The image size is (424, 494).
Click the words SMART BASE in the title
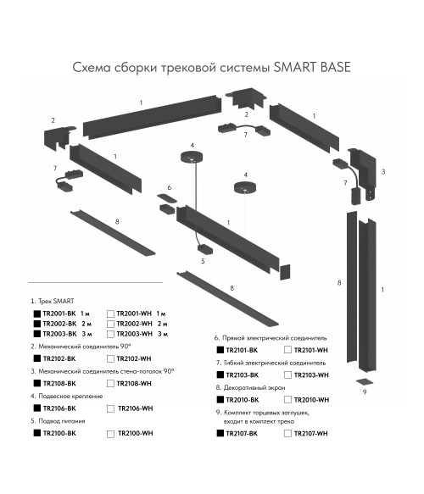pyautogui.click(x=312, y=67)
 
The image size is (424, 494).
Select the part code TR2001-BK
pyautogui.click(x=59, y=314)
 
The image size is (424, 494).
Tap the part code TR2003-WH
pyautogui.click(x=134, y=334)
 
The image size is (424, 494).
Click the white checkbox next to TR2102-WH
pyautogui.click(x=110, y=358)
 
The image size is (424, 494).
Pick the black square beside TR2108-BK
pyautogui.click(x=37, y=383)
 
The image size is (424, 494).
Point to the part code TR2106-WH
pyautogui.click(x=135, y=408)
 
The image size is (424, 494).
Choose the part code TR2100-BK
pyautogui.click(x=59, y=433)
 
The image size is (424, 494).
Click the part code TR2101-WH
pyautogui.click(x=311, y=350)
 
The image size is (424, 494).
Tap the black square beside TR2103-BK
pyautogui.click(x=220, y=375)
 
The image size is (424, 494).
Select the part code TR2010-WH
pyautogui.click(x=311, y=400)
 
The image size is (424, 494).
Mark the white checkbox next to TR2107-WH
pyautogui.click(x=287, y=434)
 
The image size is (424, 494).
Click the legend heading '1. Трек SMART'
pyautogui.click(x=53, y=301)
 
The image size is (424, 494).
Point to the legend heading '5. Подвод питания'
pyautogui.click(x=58, y=421)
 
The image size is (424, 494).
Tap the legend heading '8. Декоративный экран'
pyautogui.click(x=251, y=387)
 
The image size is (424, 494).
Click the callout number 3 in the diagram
pyautogui.click(x=383, y=172)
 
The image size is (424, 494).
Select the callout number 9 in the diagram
pyautogui.click(x=365, y=392)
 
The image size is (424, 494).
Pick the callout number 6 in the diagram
pyautogui.click(x=170, y=187)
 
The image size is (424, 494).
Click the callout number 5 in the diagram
pyautogui.click(x=203, y=261)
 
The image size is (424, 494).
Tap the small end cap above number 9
pyautogui.click(x=365, y=381)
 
